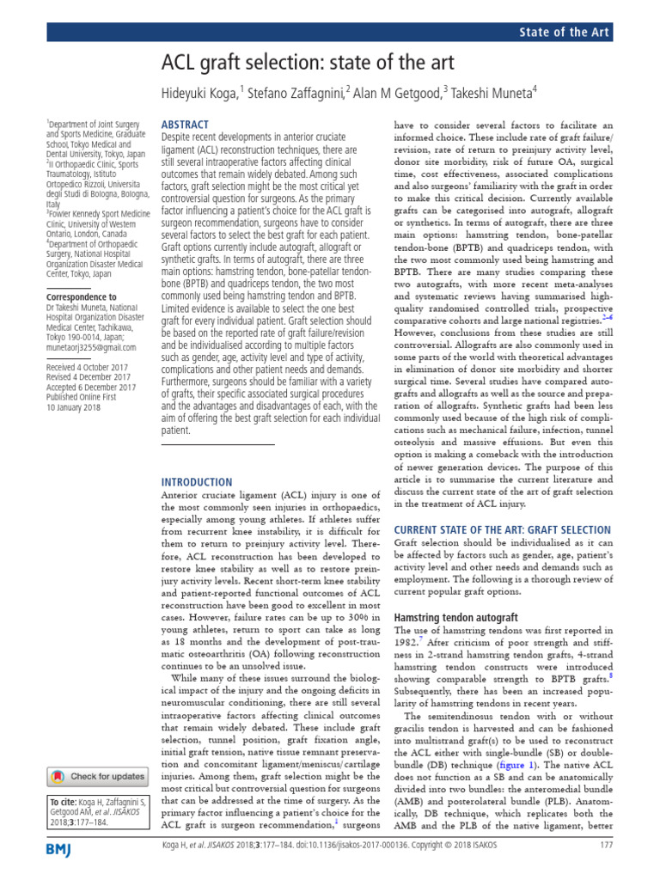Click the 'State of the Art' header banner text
(x=565, y=33)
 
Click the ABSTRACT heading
(x=186, y=125)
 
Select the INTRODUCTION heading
(x=197, y=481)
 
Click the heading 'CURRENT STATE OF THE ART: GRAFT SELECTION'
(x=502, y=529)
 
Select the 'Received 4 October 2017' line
(x=89, y=366)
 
